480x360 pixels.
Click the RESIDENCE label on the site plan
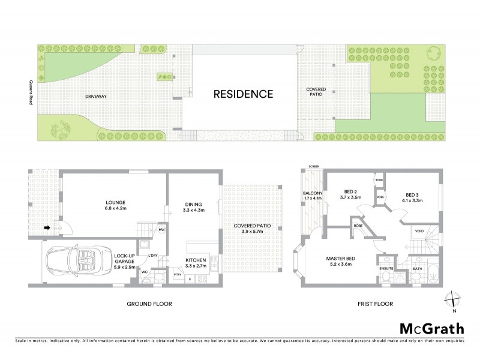pyautogui.click(x=244, y=94)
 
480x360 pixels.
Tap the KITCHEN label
pyautogui.click(x=196, y=262)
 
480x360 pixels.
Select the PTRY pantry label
pyautogui.click(x=177, y=275)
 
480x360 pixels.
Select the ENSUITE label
pyautogui.click(x=386, y=269)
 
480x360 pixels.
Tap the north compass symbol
pyautogui.click(x=454, y=300)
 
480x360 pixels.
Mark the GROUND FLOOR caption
pyautogui.click(x=149, y=304)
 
